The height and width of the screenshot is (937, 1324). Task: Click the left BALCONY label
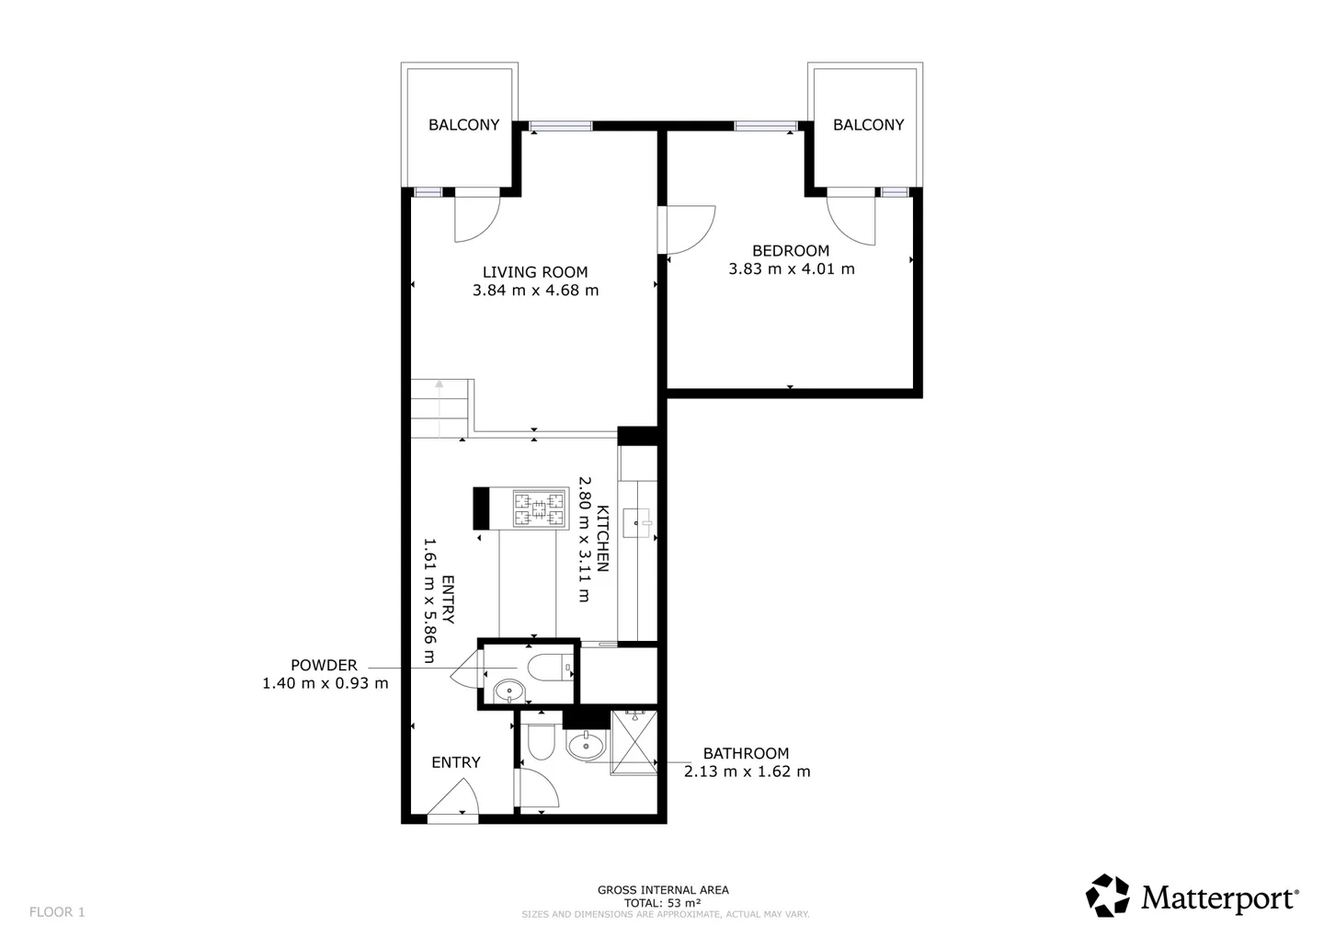tap(463, 125)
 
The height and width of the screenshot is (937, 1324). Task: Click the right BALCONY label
tap(868, 125)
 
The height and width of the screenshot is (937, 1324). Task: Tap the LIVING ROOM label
tap(535, 272)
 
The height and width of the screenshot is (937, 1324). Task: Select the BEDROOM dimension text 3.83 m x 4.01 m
tap(791, 269)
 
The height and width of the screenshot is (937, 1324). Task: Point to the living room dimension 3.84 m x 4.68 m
tap(535, 291)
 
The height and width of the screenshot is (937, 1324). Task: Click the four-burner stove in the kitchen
tap(539, 509)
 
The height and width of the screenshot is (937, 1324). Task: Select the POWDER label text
tap(324, 666)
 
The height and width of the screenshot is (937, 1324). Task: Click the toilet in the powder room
tap(552, 667)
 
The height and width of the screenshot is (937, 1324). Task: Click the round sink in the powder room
tap(508, 691)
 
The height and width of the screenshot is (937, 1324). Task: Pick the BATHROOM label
tap(746, 753)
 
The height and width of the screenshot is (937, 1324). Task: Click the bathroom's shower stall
tap(633, 742)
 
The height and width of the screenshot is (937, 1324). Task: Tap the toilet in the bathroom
tap(540, 741)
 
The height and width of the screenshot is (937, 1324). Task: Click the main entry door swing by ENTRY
tap(455, 798)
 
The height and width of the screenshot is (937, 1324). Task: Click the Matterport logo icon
tap(1108, 896)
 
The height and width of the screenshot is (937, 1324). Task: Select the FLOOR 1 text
tap(57, 912)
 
